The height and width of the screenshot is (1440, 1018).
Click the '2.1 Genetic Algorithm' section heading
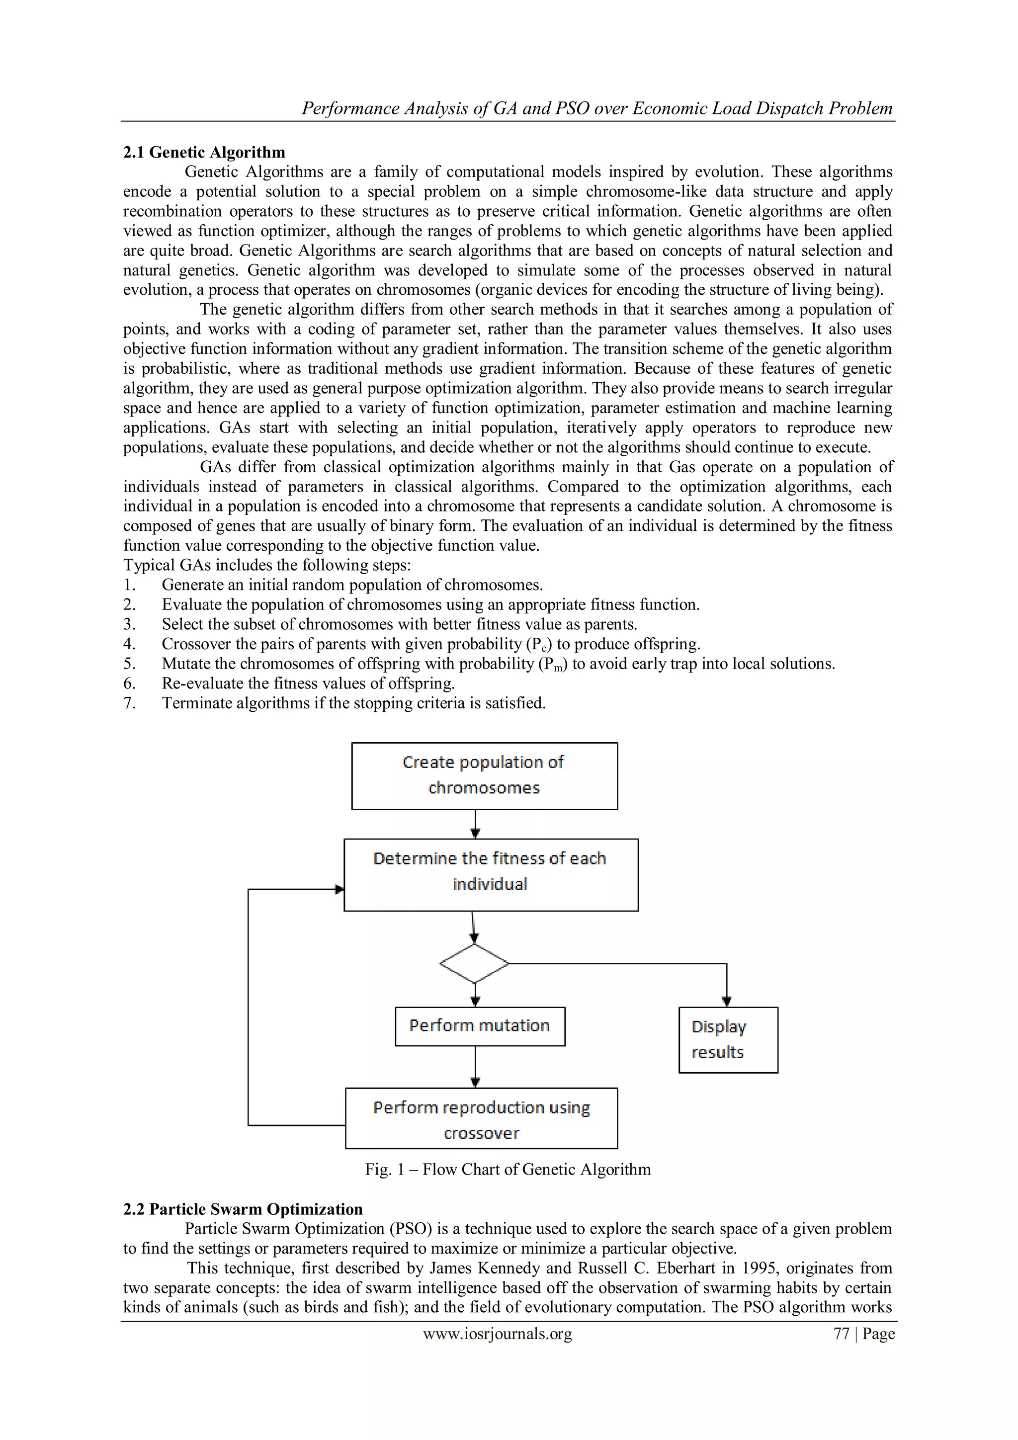(x=204, y=153)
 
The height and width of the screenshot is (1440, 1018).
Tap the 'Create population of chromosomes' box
(x=484, y=776)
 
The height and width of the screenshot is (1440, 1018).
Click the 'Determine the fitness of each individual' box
(x=491, y=874)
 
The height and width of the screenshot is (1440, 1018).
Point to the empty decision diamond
(x=474, y=963)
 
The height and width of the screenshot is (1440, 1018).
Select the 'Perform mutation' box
(x=480, y=1026)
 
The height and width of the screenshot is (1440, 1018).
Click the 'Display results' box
(x=728, y=1040)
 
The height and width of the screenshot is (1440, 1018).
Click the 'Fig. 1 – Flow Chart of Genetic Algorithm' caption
(x=508, y=1170)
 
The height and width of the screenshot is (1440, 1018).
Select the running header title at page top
(x=596, y=108)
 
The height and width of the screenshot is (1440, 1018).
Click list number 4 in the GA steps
(x=129, y=644)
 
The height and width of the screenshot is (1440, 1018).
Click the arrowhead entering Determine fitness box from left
(x=339, y=889)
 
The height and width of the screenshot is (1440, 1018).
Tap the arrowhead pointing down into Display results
(x=726, y=1002)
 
